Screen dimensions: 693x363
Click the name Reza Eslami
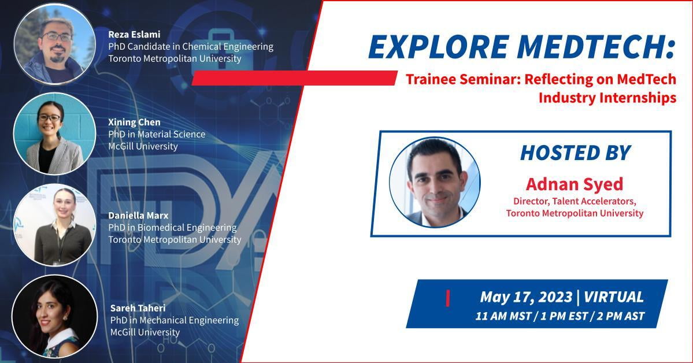[x=134, y=35]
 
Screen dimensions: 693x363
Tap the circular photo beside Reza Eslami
[x=55, y=44]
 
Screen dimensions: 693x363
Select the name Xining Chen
[x=134, y=123]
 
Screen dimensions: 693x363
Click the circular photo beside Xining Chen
[x=54, y=134]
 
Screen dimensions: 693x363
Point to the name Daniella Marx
[x=138, y=216]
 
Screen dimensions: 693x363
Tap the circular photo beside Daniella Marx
[x=55, y=225]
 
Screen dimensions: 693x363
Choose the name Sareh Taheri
[x=138, y=308]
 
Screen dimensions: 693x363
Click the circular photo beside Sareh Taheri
[x=55, y=316]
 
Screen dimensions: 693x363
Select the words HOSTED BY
[x=576, y=153]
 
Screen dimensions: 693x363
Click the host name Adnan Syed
[x=575, y=184]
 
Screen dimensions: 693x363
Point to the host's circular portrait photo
[x=435, y=182]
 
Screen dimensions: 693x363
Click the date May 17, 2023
[x=526, y=297]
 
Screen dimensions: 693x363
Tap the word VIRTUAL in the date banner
[x=614, y=297]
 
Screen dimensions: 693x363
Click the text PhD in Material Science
[x=157, y=135]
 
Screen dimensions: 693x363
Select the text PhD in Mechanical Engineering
[x=175, y=321]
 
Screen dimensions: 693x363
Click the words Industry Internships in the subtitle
[x=607, y=98]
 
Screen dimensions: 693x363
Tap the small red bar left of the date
[x=448, y=298]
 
